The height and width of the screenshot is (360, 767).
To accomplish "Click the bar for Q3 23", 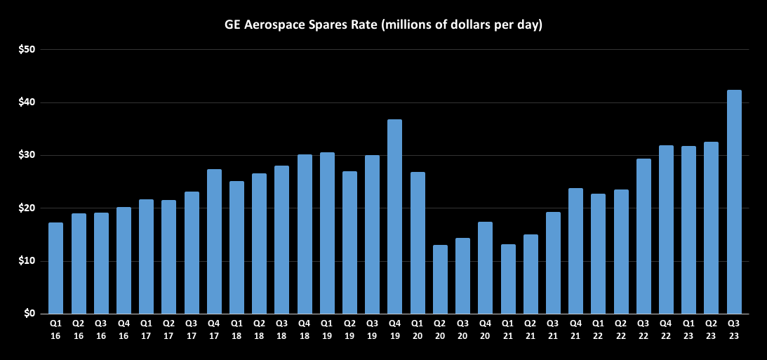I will tap(734, 202).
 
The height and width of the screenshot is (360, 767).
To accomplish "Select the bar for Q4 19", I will tap(395, 217).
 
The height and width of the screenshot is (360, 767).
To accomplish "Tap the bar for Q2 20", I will tap(440, 279).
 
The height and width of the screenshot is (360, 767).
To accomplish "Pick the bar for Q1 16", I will tap(56, 268).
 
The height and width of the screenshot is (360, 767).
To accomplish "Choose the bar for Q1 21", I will tap(508, 279).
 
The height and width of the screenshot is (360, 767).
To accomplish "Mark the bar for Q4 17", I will tap(214, 241).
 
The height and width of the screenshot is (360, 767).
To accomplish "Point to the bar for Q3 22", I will tap(643, 236).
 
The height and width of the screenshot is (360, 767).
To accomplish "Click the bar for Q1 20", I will tap(418, 243).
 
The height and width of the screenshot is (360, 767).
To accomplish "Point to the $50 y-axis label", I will tap(27, 50).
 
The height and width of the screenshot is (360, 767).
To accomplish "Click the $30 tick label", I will tap(27, 155).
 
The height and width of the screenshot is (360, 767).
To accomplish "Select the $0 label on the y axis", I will tap(29, 314).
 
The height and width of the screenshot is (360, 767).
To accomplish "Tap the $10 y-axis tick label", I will tap(27, 261).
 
